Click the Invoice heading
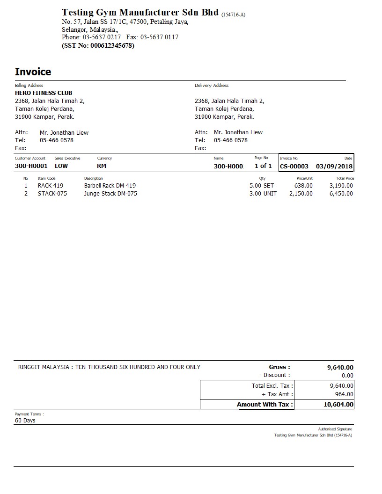coord(33,72)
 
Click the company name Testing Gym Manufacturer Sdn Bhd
coord(140,12)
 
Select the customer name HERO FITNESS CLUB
coord(44,93)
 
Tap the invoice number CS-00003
coord(294,166)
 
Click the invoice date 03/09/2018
coord(334,166)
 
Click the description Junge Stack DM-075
coord(110,193)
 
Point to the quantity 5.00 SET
coord(262,185)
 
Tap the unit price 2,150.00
coord(301,193)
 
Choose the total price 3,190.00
coord(341,185)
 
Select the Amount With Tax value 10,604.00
coord(338,404)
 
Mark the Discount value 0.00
coord(347,375)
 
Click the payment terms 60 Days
coord(25,420)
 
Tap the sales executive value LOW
coord(61,166)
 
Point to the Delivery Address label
coord(212,86)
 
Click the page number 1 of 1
coord(263,166)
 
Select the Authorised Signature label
coord(335,429)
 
